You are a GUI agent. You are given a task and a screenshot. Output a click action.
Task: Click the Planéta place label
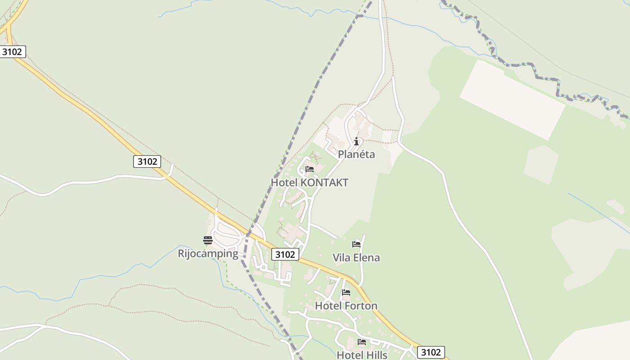coord(356,154)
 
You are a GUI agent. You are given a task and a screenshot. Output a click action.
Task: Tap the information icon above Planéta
coord(356,142)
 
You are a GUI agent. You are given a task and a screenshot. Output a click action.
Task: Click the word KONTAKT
coord(324,183)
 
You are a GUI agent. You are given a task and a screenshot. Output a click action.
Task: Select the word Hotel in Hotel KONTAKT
coord(284,183)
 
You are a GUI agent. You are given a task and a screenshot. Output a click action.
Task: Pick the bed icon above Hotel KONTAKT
coord(310,170)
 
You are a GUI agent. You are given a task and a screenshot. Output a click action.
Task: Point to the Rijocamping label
coord(208,253)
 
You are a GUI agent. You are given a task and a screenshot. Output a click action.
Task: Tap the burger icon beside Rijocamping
coord(207,240)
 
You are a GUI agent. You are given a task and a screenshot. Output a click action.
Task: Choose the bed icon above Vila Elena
coord(356,244)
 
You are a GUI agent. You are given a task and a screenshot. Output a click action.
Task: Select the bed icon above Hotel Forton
coord(346,292)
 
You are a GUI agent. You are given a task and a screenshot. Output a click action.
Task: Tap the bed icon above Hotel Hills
coord(361,342)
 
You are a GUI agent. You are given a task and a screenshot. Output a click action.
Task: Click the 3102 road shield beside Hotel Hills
coord(431,352)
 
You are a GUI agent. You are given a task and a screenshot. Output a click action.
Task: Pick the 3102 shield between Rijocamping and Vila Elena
coord(285,255)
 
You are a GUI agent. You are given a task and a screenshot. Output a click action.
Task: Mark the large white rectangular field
coord(512,99)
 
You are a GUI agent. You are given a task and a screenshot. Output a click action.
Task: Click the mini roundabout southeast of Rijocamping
coord(263,267)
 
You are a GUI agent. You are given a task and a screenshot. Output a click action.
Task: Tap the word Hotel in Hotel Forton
coord(328,306)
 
